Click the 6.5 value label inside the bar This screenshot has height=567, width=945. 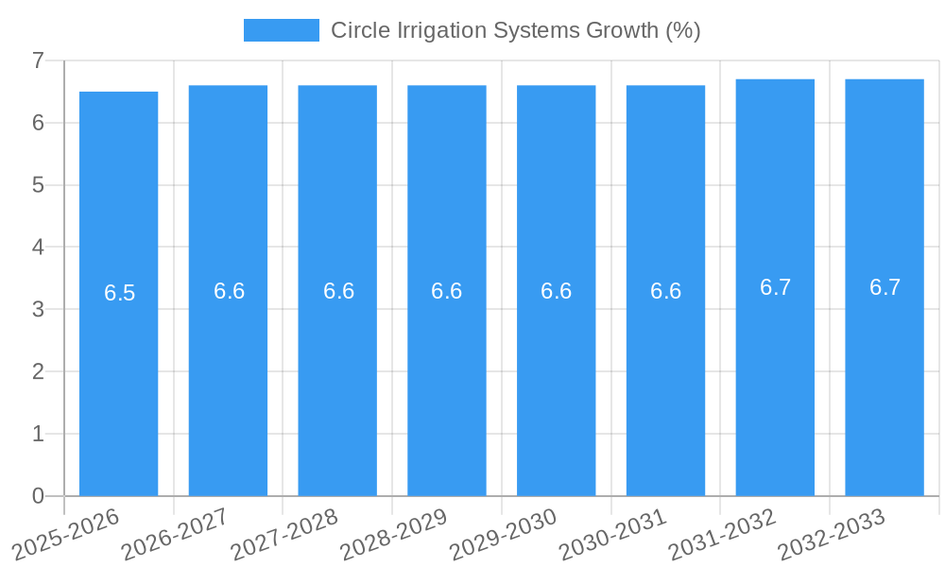click(x=120, y=293)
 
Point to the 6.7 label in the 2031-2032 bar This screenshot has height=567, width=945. click(x=775, y=287)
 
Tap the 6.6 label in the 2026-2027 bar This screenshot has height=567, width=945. click(x=229, y=291)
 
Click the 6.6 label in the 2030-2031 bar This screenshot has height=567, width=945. click(x=665, y=291)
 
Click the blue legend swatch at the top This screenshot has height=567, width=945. click(x=281, y=30)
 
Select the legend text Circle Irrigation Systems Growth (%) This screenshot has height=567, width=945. click(x=515, y=30)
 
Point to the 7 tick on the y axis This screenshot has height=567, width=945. click(x=38, y=60)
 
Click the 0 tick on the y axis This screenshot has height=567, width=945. click(x=38, y=496)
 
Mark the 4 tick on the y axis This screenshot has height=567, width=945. click(x=38, y=248)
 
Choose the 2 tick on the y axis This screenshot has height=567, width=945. click(x=38, y=371)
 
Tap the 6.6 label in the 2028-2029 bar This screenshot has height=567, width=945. click(x=446, y=291)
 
